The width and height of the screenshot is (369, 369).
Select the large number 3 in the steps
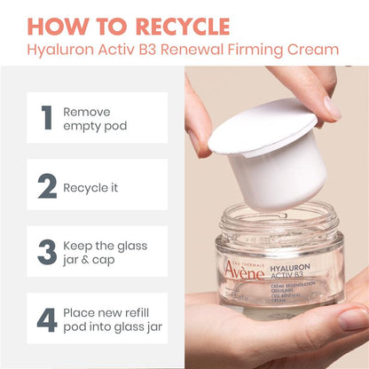[x=46, y=252]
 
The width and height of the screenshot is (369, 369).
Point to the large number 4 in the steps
[x=46, y=319]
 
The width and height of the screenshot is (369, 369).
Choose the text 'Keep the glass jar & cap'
[x=105, y=252]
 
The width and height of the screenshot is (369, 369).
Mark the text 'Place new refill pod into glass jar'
[x=111, y=319]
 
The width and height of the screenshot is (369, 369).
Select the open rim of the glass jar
[x=279, y=216]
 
